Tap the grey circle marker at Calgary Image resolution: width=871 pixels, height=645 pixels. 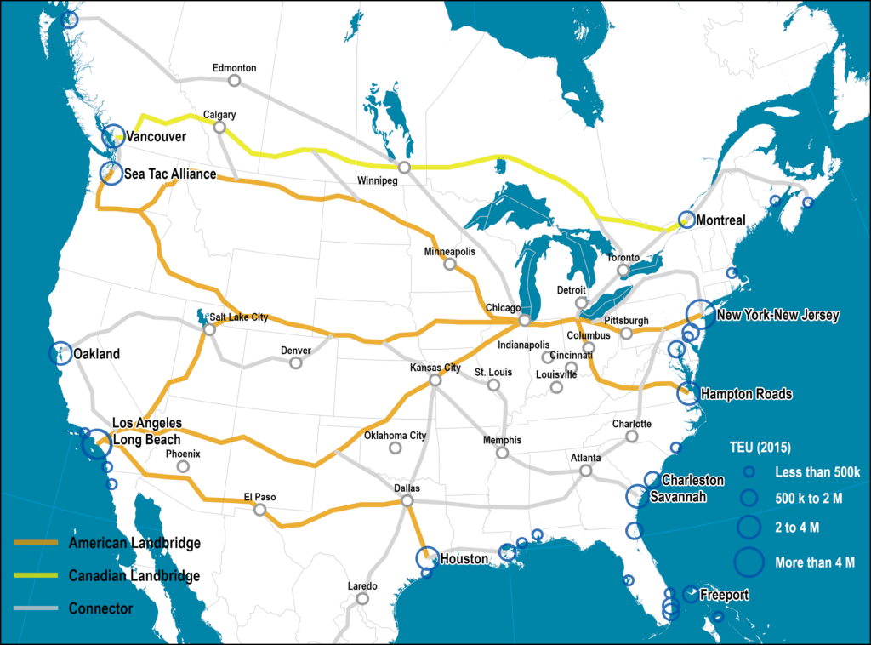coord(219,127)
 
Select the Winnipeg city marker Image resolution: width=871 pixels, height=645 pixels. coord(404,167)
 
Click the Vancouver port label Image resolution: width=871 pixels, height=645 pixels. coord(156,137)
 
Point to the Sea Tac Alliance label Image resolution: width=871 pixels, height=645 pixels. coord(169,174)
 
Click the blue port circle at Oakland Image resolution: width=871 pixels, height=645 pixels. coord(60,353)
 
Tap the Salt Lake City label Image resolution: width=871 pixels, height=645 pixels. coord(239,317)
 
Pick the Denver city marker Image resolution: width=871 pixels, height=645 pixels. coord(295,362)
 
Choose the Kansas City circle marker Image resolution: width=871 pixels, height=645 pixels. coord(435,380)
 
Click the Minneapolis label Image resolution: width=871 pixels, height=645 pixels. coord(449,253)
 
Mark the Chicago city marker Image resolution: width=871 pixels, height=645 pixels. coord(525,321)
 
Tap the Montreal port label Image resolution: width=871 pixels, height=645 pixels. coord(720,220)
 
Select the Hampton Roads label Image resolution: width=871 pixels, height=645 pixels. coord(746,395)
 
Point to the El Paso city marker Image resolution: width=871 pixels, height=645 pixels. coord(259,510)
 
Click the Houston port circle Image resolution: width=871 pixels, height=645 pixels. coord(427,558)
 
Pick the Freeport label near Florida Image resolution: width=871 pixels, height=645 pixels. coord(724,596)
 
